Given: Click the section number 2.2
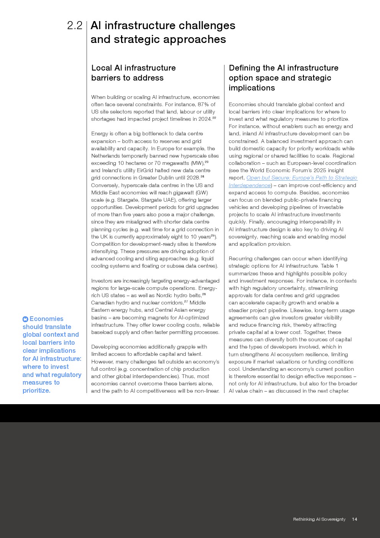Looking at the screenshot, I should click(75, 26).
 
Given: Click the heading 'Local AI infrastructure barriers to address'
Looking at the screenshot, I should click(133, 73).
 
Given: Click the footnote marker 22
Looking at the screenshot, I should click(214, 118).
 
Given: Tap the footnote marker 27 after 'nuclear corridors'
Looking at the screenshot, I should click(186, 301).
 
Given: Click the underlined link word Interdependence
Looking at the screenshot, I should click(249, 185).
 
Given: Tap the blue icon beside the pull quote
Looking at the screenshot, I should click(25, 319).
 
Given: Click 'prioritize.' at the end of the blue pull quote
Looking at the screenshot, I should click(36, 390).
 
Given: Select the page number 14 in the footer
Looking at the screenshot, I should click(354, 519).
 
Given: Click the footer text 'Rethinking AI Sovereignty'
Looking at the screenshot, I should click(319, 519).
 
